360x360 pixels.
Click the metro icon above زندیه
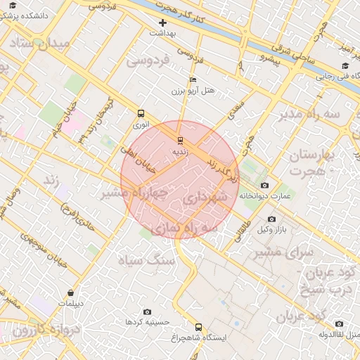coord(179,139)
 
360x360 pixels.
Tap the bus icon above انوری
coord(141,113)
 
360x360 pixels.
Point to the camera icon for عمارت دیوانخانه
coord(264,186)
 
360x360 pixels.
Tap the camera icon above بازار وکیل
coord(271,219)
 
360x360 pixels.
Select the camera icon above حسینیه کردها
coord(147,311)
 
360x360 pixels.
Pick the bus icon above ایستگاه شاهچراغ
coord(198,327)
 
